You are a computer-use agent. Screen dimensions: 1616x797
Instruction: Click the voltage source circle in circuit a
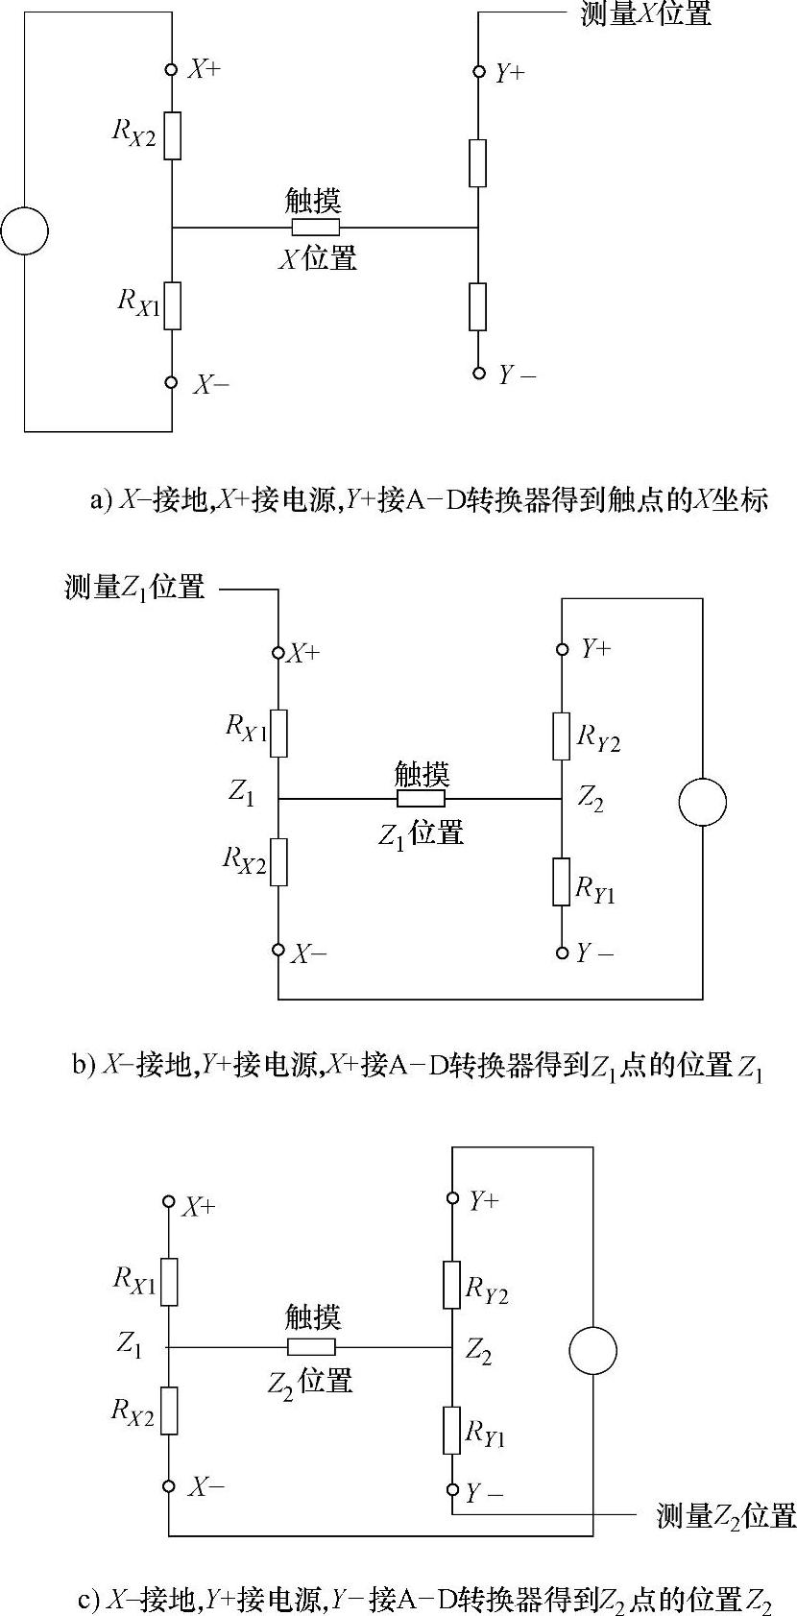point(25,230)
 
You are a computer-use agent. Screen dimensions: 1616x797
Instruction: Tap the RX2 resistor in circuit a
point(172,135)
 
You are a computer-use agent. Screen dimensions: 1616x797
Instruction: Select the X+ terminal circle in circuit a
point(172,69)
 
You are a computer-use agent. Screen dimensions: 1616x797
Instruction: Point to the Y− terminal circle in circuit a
point(478,374)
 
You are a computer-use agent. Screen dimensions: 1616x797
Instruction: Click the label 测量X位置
point(645,13)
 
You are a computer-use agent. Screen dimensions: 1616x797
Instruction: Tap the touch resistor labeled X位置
point(316,228)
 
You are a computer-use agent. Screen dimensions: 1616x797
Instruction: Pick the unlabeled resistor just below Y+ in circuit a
point(477,162)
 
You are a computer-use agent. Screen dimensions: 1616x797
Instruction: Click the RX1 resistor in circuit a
point(172,306)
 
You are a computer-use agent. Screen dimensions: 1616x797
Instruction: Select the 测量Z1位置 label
point(135,587)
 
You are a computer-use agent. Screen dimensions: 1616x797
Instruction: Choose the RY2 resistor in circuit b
point(562,736)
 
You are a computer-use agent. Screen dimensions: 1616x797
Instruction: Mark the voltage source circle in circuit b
point(702,802)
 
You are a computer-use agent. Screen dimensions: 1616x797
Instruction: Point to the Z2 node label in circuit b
point(591,798)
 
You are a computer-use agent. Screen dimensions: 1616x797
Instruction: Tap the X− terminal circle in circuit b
point(278,950)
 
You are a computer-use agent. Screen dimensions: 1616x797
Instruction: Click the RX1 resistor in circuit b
point(278,733)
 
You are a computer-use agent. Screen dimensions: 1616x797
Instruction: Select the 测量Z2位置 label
point(726,1515)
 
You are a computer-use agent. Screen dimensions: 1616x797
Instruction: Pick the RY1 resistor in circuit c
point(452,1430)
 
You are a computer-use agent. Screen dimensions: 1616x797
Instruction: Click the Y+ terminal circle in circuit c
point(452,1198)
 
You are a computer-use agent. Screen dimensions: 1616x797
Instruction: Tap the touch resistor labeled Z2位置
point(311,1346)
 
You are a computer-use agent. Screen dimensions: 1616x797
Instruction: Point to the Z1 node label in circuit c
point(131,1343)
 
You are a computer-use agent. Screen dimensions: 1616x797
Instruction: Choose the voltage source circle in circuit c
point(592,1351)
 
